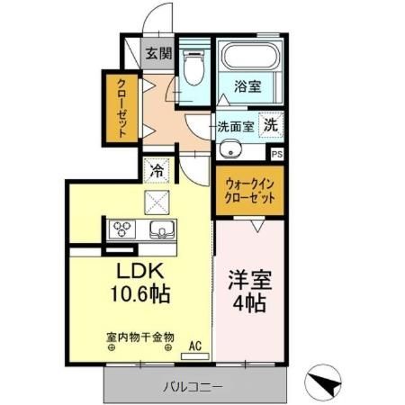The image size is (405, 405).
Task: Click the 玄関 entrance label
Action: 159,53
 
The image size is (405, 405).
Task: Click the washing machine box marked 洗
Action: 270,127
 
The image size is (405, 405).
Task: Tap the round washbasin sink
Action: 229,149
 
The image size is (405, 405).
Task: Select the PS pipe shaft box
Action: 276,153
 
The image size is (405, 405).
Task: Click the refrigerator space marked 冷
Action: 157,168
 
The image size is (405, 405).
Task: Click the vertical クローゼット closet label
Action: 120,109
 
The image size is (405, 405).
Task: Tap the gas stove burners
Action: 121,229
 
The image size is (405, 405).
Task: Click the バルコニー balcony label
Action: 193,387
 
